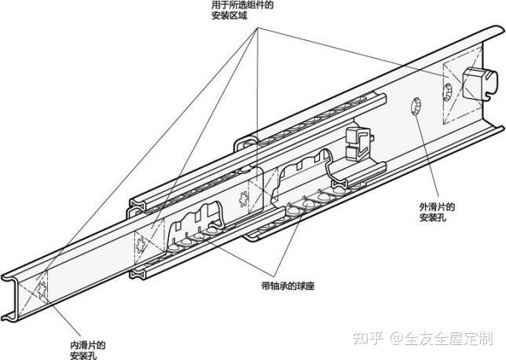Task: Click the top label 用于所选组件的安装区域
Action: (242, 10)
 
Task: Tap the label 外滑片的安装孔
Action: (437, 211)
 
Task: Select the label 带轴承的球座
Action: (288, 286)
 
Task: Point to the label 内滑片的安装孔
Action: (88, 351)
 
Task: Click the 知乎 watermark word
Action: (368, 338)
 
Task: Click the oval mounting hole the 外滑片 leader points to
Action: (415, 106)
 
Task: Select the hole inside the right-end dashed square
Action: (448, 92)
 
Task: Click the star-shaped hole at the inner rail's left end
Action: (42, 289)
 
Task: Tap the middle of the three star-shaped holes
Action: (140, 244)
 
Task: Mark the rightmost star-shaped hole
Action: (243, 199)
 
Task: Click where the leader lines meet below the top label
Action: (258, 28)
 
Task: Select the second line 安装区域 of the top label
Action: (229, 16)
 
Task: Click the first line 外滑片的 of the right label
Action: (437, 207)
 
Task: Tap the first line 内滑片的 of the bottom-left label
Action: (88, 345)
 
